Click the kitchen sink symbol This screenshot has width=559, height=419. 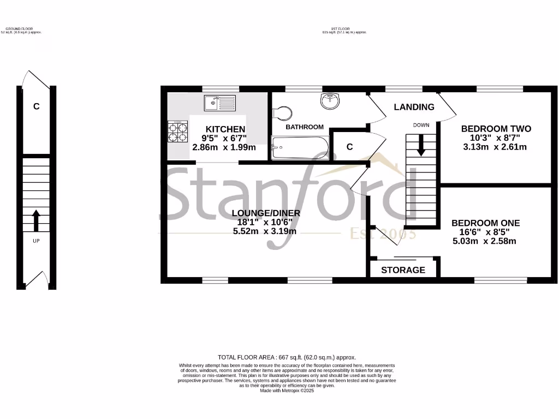(x=219, y=101)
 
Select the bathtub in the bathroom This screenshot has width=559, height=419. (x=300, y=147)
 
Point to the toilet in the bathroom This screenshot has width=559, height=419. (x=282, y=113)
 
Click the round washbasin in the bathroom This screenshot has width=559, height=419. (x=329, y=100)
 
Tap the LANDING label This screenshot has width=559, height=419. (x=414, y=107)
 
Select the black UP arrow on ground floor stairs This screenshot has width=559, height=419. (x=36, y=220)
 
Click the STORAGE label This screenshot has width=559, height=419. (x=403, y=270)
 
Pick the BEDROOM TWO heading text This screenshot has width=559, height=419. (x=496, y=129)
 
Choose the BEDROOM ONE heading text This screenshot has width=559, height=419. (x=485, y=223)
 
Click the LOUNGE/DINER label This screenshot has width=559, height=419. (x=266, y=213)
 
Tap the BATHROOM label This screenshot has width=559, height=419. (x=305, y=127)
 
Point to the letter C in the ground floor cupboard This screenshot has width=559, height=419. (x=36, y=106)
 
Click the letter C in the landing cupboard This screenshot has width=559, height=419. (x=349, y=147)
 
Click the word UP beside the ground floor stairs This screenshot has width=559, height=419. (x=36, y=240)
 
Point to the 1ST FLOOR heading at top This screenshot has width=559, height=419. (x=340, y=29)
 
